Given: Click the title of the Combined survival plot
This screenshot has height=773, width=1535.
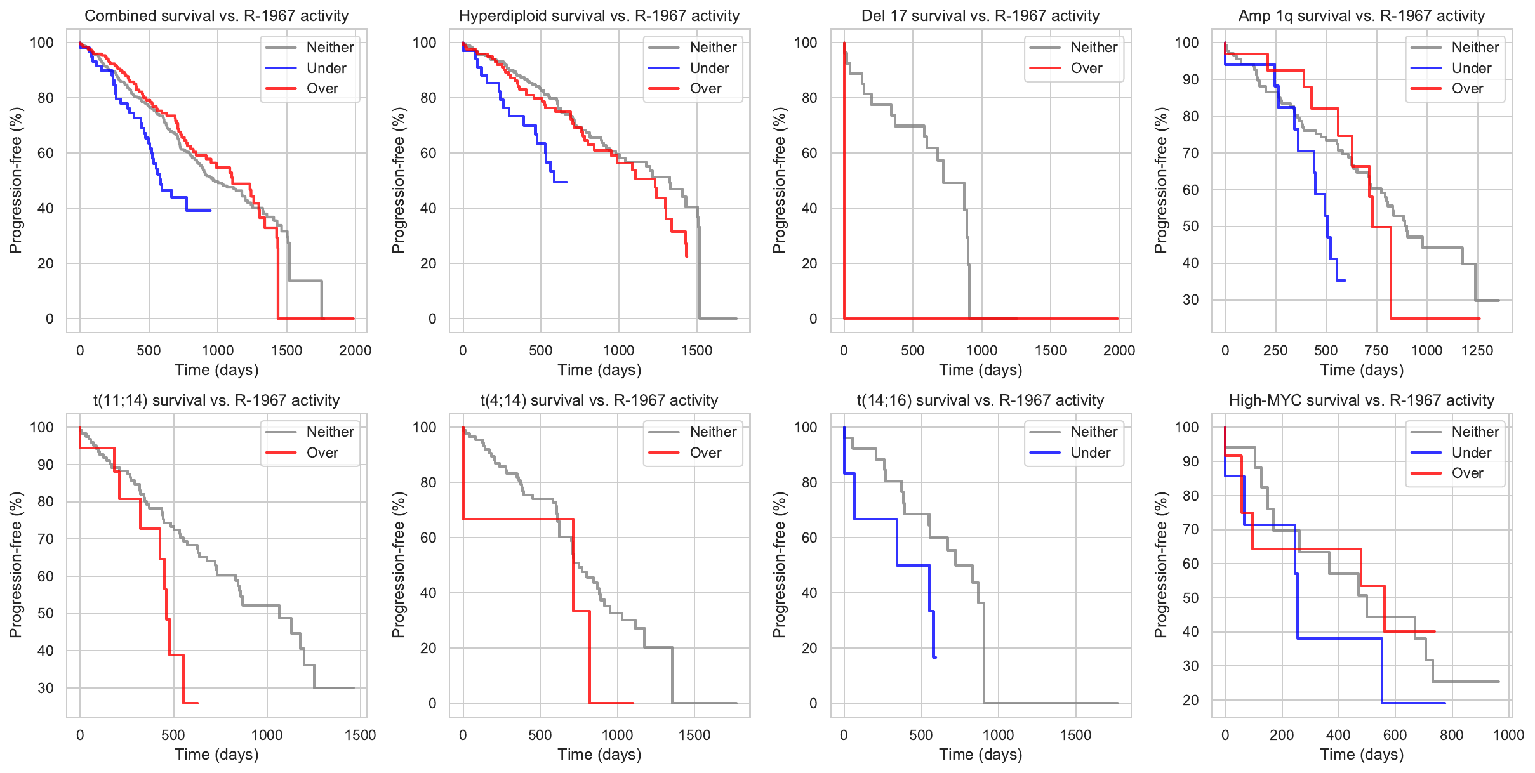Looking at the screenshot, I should (x=216, y=16).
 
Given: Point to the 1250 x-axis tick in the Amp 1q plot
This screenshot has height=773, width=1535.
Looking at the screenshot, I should (x=1477, y=350).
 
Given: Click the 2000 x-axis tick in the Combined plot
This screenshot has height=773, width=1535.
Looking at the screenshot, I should (x=355, y=350).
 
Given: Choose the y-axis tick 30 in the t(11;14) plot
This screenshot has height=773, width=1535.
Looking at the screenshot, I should (x=46, y=688).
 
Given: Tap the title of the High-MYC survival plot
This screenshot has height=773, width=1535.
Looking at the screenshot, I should (x=1361, y=400).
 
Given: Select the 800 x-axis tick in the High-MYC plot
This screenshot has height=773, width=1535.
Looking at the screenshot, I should (x=1451, y=735).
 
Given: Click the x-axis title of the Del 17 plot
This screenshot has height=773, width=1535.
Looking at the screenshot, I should (x=980, y=370).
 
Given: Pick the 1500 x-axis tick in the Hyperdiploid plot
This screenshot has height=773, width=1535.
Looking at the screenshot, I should (x=696, y=350).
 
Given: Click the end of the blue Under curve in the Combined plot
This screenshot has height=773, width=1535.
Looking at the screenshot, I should (x=211, y=210).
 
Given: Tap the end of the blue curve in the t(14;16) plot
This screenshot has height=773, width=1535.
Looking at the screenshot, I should (x=936, y=657).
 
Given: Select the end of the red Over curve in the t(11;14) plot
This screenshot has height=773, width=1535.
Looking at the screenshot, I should (x=197, y=703).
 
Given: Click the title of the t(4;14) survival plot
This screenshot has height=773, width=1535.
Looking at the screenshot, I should (x=599, y=400).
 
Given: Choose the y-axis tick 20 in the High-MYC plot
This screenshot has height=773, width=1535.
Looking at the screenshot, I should (x=1190, y=700).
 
